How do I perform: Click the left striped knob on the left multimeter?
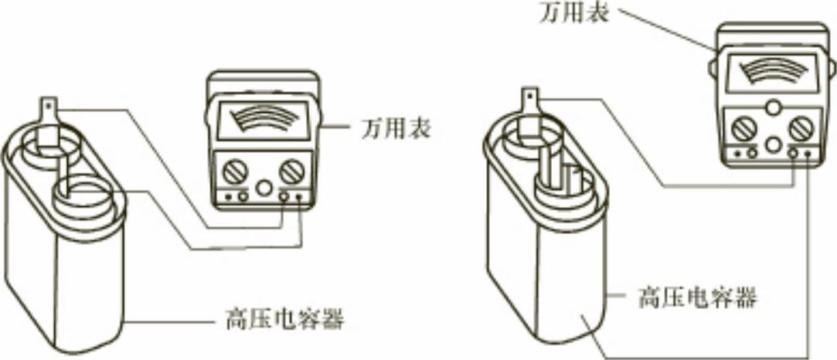[231, 171]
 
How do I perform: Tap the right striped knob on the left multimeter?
[291, 170]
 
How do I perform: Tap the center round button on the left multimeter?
[264, 188]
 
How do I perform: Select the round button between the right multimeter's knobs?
[772, 144]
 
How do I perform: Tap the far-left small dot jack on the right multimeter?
[737, 153]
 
